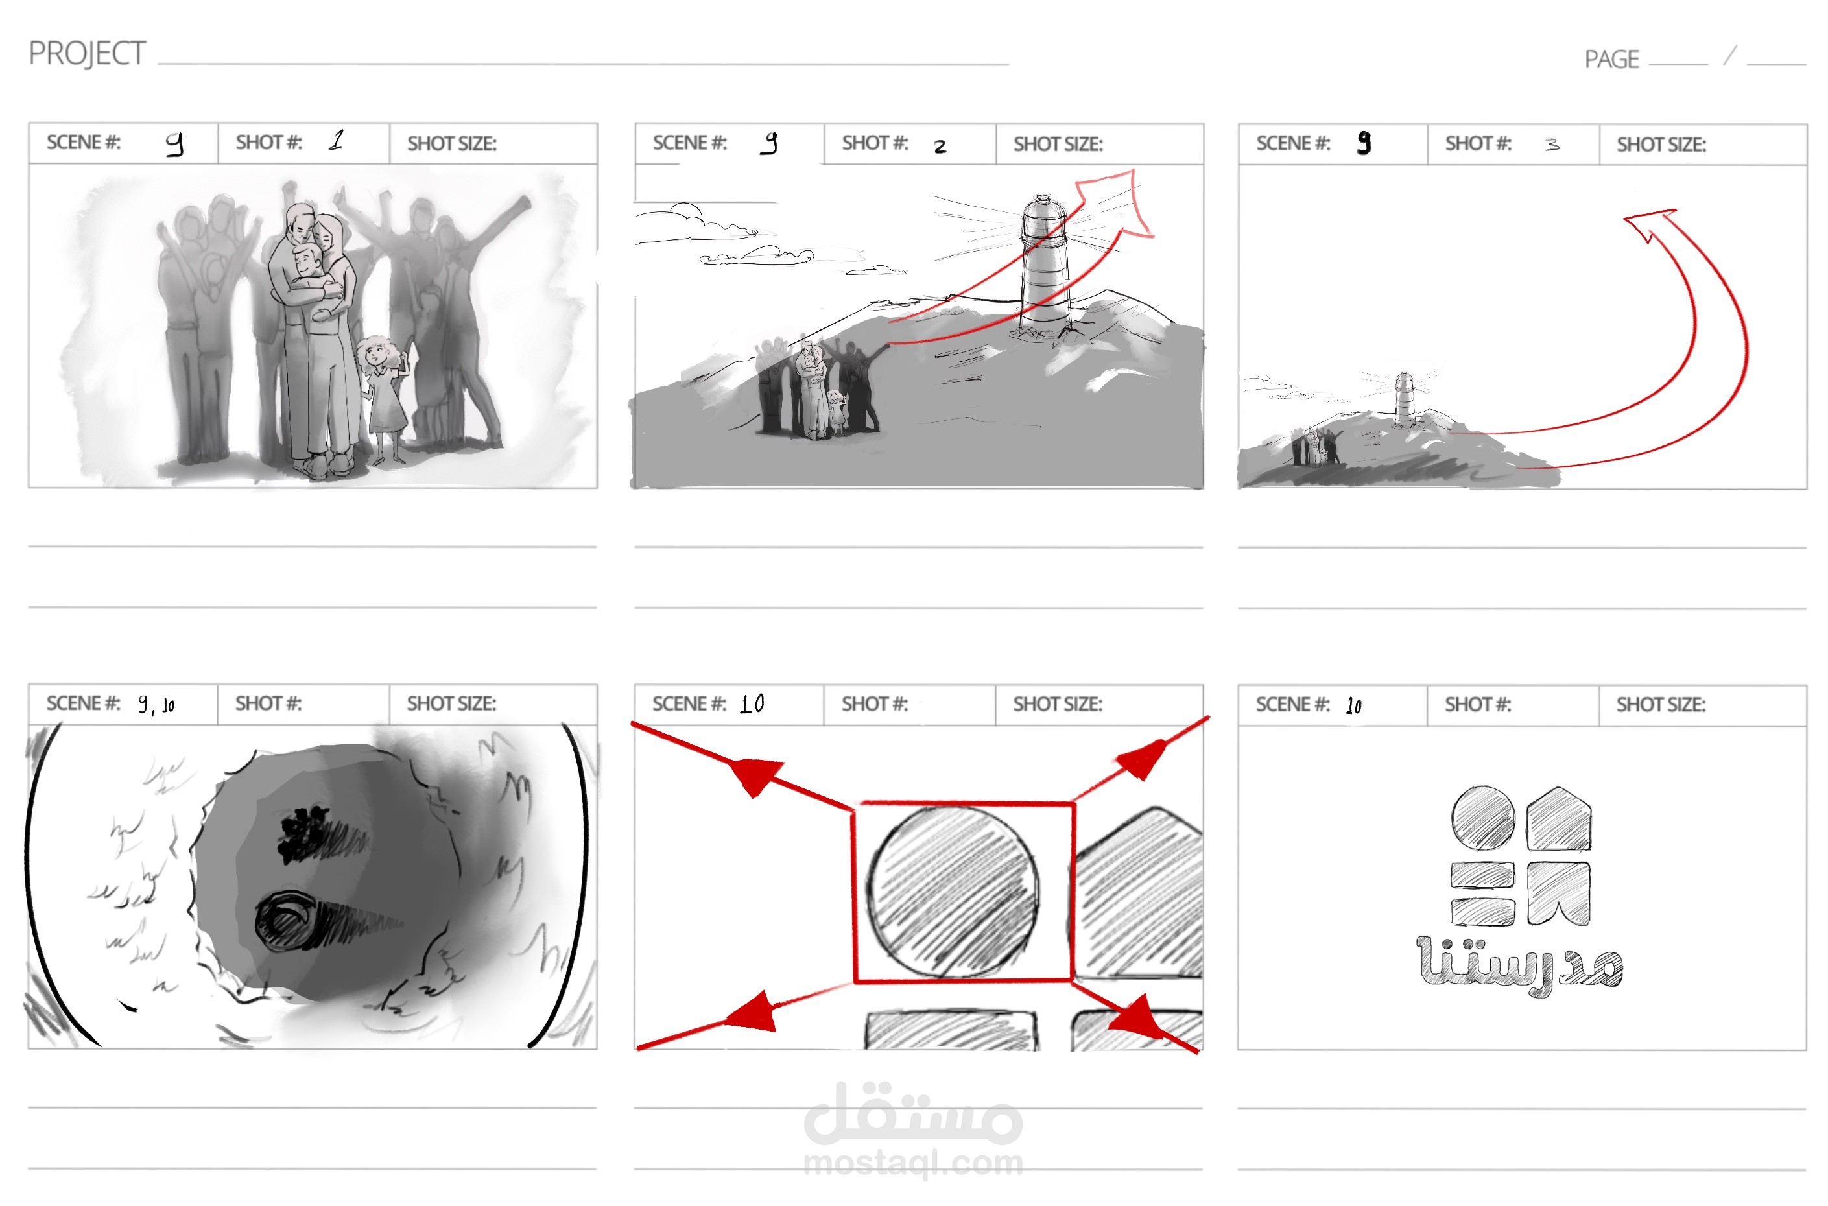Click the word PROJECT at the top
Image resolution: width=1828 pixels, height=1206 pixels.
click(x=87, y=54)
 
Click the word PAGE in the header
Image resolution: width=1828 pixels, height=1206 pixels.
click(x=1611, y=59)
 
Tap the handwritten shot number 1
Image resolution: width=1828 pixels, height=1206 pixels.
click(x=336, y=140)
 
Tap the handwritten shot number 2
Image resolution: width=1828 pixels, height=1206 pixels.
click(x=940, y=146)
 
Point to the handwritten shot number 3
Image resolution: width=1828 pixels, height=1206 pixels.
click(x=1552, y=144)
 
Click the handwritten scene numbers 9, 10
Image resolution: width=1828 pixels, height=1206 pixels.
click(x=156, y=703)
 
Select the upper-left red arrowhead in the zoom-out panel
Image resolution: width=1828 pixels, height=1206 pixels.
click(x=757, y=776)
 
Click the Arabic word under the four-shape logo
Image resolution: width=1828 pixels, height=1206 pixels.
click(x=1519, y=965)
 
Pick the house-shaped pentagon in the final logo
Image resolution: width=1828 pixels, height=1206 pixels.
click(x=1558, y=818)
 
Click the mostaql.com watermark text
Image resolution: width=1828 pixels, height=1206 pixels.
click(x=914, y=1163)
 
